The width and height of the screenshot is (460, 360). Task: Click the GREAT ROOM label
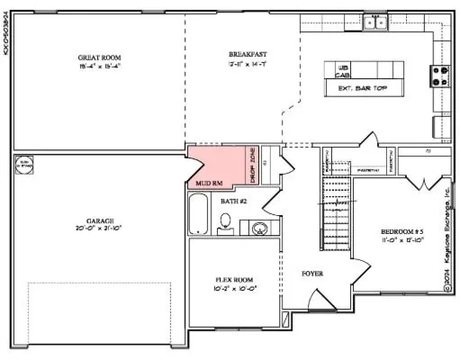[98, 58]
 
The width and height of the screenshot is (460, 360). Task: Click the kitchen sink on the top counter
[374, 22]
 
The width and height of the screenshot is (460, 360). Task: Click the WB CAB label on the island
[343, 72]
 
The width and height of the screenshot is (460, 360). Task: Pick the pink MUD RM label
[209, 183]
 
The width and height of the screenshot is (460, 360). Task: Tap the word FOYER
[312, 273]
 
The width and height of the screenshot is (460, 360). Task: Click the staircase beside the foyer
[335, 214]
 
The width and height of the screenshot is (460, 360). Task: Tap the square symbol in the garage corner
[23, 165]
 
